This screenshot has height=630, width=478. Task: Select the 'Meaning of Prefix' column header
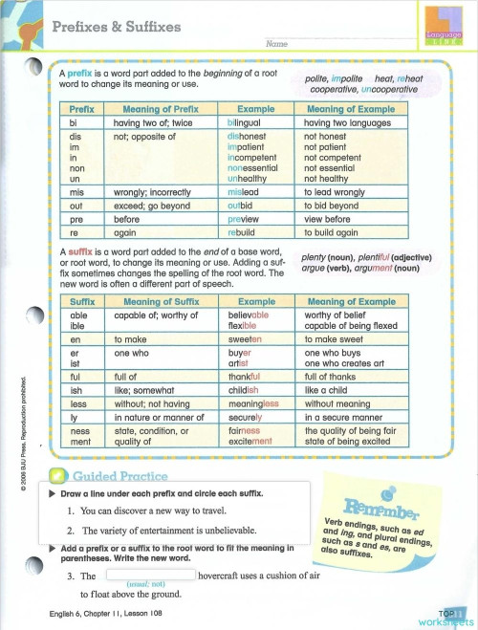point(160,110)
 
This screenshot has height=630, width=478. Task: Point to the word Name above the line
point(275,45)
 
